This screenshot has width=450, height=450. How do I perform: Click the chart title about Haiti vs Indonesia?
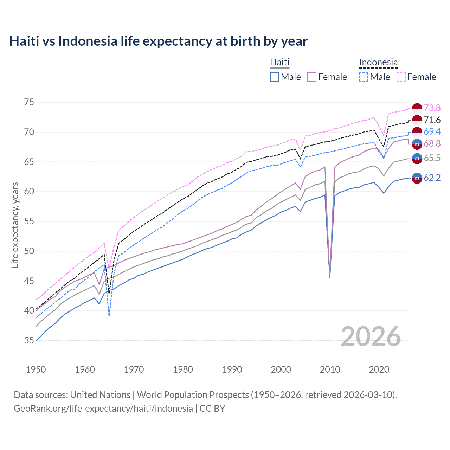click(158, 41)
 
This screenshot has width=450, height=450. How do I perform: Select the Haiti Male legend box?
click(275, 77)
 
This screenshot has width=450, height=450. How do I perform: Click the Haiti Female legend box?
click(312, 77)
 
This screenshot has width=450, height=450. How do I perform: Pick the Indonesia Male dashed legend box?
click(364, 77)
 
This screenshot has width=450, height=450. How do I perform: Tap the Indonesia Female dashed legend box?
click(401, 77)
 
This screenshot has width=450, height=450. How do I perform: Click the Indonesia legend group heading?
click(378, 63)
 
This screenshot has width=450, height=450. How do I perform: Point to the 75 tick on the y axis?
click(29, 102)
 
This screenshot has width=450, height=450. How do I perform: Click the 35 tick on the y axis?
click(29, 340)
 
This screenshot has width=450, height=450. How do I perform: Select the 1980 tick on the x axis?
click(183, 369)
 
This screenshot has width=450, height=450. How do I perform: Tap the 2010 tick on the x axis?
click(330, 369)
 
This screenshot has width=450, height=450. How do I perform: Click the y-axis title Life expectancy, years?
click(15, 225)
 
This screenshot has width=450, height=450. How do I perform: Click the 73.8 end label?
click(432, 108)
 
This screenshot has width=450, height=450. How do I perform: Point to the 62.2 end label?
click(432, 178)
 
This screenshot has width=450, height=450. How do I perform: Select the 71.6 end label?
click(432, 120)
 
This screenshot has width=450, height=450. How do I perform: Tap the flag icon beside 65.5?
click(417, 158)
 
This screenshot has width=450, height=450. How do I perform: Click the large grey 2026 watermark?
click(371, 336)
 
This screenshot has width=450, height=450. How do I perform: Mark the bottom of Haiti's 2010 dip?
click(330, 277)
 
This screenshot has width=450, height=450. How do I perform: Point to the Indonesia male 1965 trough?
click(109, 315)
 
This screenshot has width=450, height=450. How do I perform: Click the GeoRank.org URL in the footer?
click(103, 409)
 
